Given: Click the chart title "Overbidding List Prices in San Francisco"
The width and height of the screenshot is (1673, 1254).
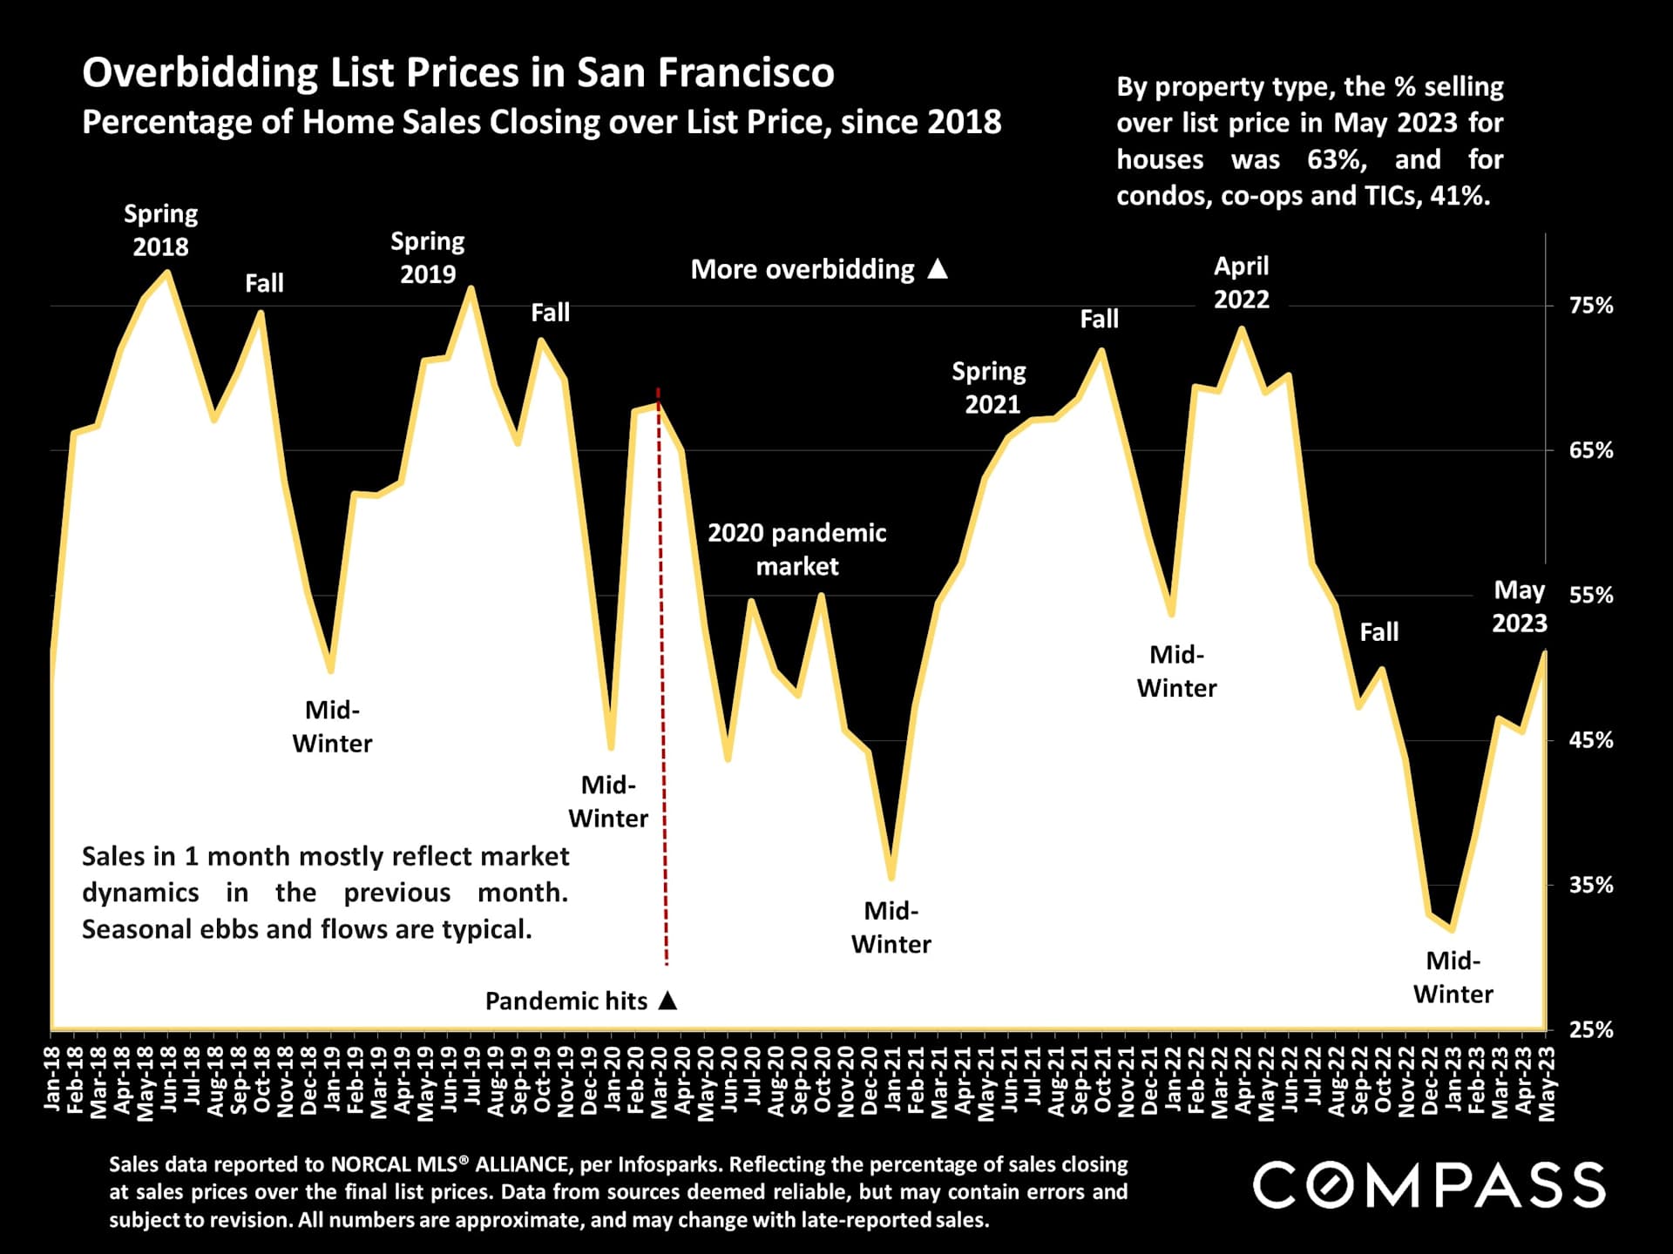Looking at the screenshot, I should tap(457, 72).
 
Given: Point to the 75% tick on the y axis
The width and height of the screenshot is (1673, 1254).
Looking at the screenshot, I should tap(1591, 306).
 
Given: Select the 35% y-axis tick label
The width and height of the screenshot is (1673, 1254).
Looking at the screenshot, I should tap(1591, 885).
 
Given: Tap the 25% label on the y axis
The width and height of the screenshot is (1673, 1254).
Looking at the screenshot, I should tap(1591, 1029).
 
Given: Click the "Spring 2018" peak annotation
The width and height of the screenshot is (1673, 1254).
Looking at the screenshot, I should tap(160, 230).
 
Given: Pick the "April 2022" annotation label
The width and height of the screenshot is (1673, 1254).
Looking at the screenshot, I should tap(1241, 282).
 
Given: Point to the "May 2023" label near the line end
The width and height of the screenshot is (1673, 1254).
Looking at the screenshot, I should tap(1519, 607).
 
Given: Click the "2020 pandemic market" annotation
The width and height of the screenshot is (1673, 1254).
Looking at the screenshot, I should tap(796, 549).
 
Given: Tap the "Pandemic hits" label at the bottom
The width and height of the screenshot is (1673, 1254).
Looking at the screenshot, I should tap(566, 1001).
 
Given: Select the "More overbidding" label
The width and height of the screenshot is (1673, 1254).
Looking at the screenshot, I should tap(802, 269).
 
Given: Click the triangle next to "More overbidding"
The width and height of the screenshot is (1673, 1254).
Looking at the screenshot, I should tap(938, 268).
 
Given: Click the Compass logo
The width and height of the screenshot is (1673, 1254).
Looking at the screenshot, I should tap(1428, 1185).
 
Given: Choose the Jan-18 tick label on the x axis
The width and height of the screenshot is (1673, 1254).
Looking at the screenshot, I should tap(52, 1080).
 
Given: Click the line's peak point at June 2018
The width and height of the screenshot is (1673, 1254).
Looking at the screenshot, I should tap(167, 273).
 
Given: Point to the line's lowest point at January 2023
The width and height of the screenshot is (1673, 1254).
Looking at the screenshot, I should tap(1452, 929).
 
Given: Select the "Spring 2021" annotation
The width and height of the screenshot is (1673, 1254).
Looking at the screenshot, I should tap(989, 388).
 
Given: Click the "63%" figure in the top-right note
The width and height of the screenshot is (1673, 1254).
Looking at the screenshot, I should tap(1336, 159).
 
